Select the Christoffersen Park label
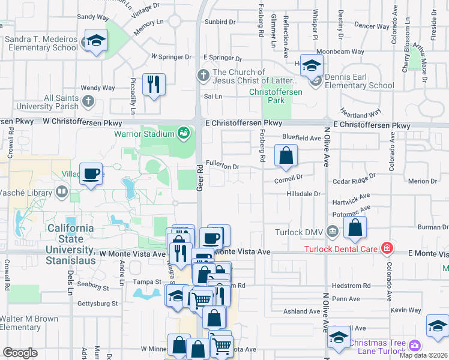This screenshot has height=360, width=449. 276,97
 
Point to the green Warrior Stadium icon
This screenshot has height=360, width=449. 183,132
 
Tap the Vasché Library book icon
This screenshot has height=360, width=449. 61,192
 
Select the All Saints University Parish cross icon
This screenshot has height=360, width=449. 89,100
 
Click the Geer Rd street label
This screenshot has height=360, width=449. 200,178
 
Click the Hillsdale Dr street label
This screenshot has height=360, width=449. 304,194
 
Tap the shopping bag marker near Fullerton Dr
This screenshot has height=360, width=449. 286,155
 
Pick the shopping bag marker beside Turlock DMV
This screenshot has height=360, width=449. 355,227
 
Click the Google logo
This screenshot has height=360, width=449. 20,353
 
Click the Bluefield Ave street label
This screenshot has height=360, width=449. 301,137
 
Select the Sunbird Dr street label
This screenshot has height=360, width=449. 220,22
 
